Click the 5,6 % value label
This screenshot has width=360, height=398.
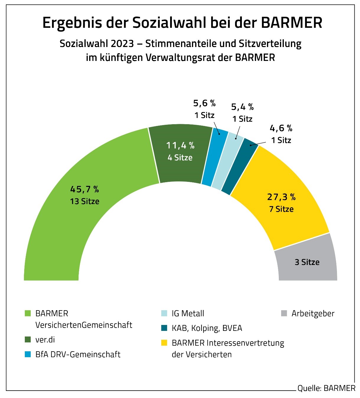click(204, 103)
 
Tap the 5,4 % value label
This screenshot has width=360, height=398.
click(242, 107)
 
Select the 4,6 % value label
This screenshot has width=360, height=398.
click(281, 128)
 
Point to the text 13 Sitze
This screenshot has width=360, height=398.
click(85, 201)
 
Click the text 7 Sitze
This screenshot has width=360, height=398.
click(281, 209)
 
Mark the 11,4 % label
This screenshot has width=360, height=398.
click(180, 145)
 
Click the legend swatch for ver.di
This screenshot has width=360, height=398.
click(28, 339)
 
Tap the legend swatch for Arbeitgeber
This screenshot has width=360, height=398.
click(284, 313)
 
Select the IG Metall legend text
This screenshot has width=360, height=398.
click(188, 313)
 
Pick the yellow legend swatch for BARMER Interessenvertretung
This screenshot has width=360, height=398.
click(164, 343)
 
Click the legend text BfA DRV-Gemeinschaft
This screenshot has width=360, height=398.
click(78, 354)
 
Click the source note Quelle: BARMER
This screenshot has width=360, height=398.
click(326, 388)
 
